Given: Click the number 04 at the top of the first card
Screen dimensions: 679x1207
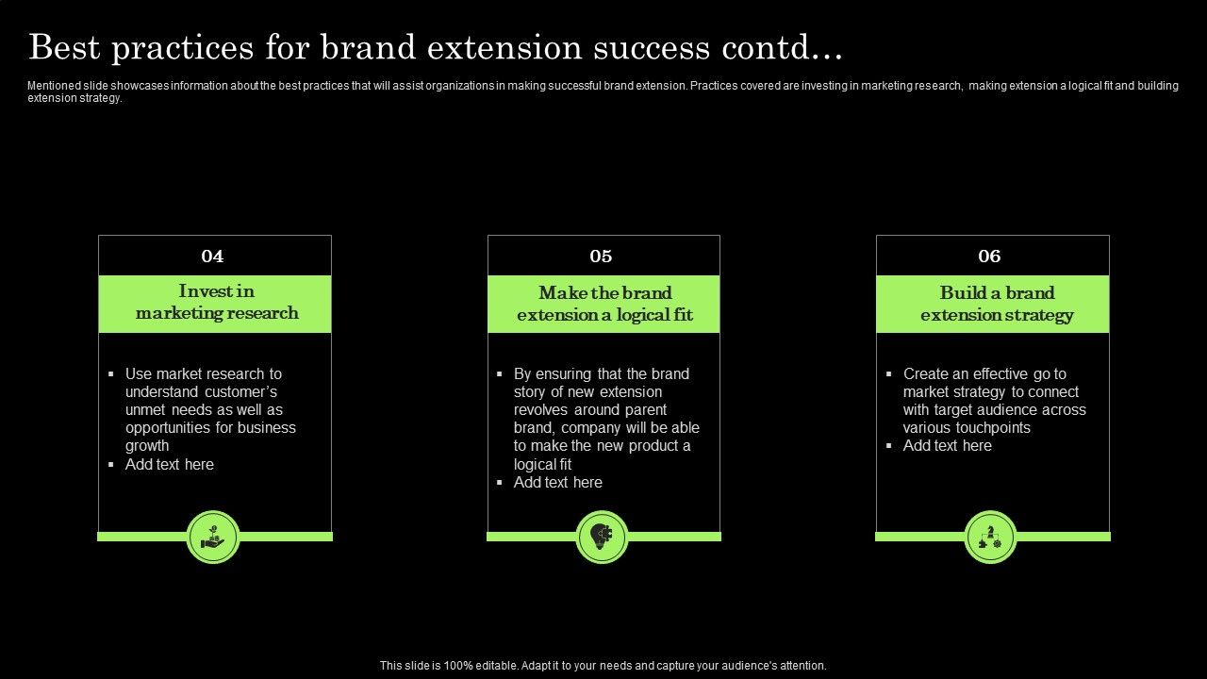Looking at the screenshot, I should pos(212,257).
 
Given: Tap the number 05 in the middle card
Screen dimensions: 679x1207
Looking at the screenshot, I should pos(601,257).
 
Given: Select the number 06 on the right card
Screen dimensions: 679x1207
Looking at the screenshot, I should pos(989,257).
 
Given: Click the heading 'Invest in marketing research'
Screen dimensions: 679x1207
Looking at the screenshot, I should pos(216,303).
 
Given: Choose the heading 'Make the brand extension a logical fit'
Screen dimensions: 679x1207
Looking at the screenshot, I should pos(604,304).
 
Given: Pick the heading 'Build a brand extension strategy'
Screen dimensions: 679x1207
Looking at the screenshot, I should pos(997,304).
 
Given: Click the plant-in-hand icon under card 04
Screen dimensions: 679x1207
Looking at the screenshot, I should pos(213,538).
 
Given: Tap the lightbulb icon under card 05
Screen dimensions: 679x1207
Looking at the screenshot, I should pos(602,538).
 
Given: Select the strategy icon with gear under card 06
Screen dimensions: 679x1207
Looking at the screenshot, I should pos(990,538).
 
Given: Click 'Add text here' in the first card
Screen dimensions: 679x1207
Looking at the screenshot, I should pos(169,464).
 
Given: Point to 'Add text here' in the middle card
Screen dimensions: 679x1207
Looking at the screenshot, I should pos(557,482).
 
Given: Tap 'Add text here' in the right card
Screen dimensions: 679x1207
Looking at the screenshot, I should pos(947,445).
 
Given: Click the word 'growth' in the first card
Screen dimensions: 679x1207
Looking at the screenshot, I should pos(147,446).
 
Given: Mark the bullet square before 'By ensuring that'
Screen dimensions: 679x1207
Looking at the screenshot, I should pos(500,374).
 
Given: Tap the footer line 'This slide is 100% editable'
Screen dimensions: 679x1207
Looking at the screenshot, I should pos(603,665).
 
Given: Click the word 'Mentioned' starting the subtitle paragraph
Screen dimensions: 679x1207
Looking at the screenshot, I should pos(54,86).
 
